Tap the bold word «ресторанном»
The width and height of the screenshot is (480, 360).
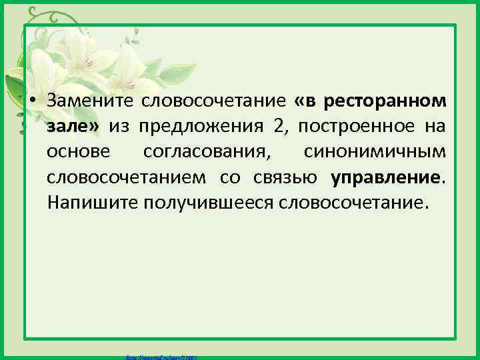pos(389,101)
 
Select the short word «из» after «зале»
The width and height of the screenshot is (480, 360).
pos(130,127)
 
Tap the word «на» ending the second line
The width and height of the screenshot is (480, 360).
pos(437,127)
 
